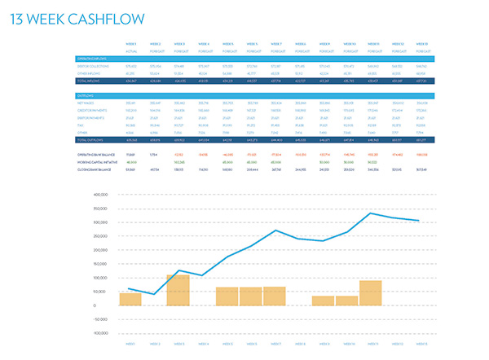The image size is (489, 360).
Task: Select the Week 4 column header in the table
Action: coord(203,43)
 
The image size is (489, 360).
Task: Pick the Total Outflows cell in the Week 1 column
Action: coord(130,139)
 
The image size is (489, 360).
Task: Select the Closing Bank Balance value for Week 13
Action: coord(421,169)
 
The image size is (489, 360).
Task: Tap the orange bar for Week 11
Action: coord(371,293)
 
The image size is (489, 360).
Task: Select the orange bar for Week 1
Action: coord(130,299)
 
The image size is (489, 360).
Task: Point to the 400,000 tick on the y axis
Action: coord(101,195)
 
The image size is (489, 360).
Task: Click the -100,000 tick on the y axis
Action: coord(100,333)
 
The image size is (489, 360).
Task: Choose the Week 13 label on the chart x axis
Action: coord(421,344)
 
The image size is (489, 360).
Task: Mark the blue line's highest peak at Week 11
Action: coord(371,213)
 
